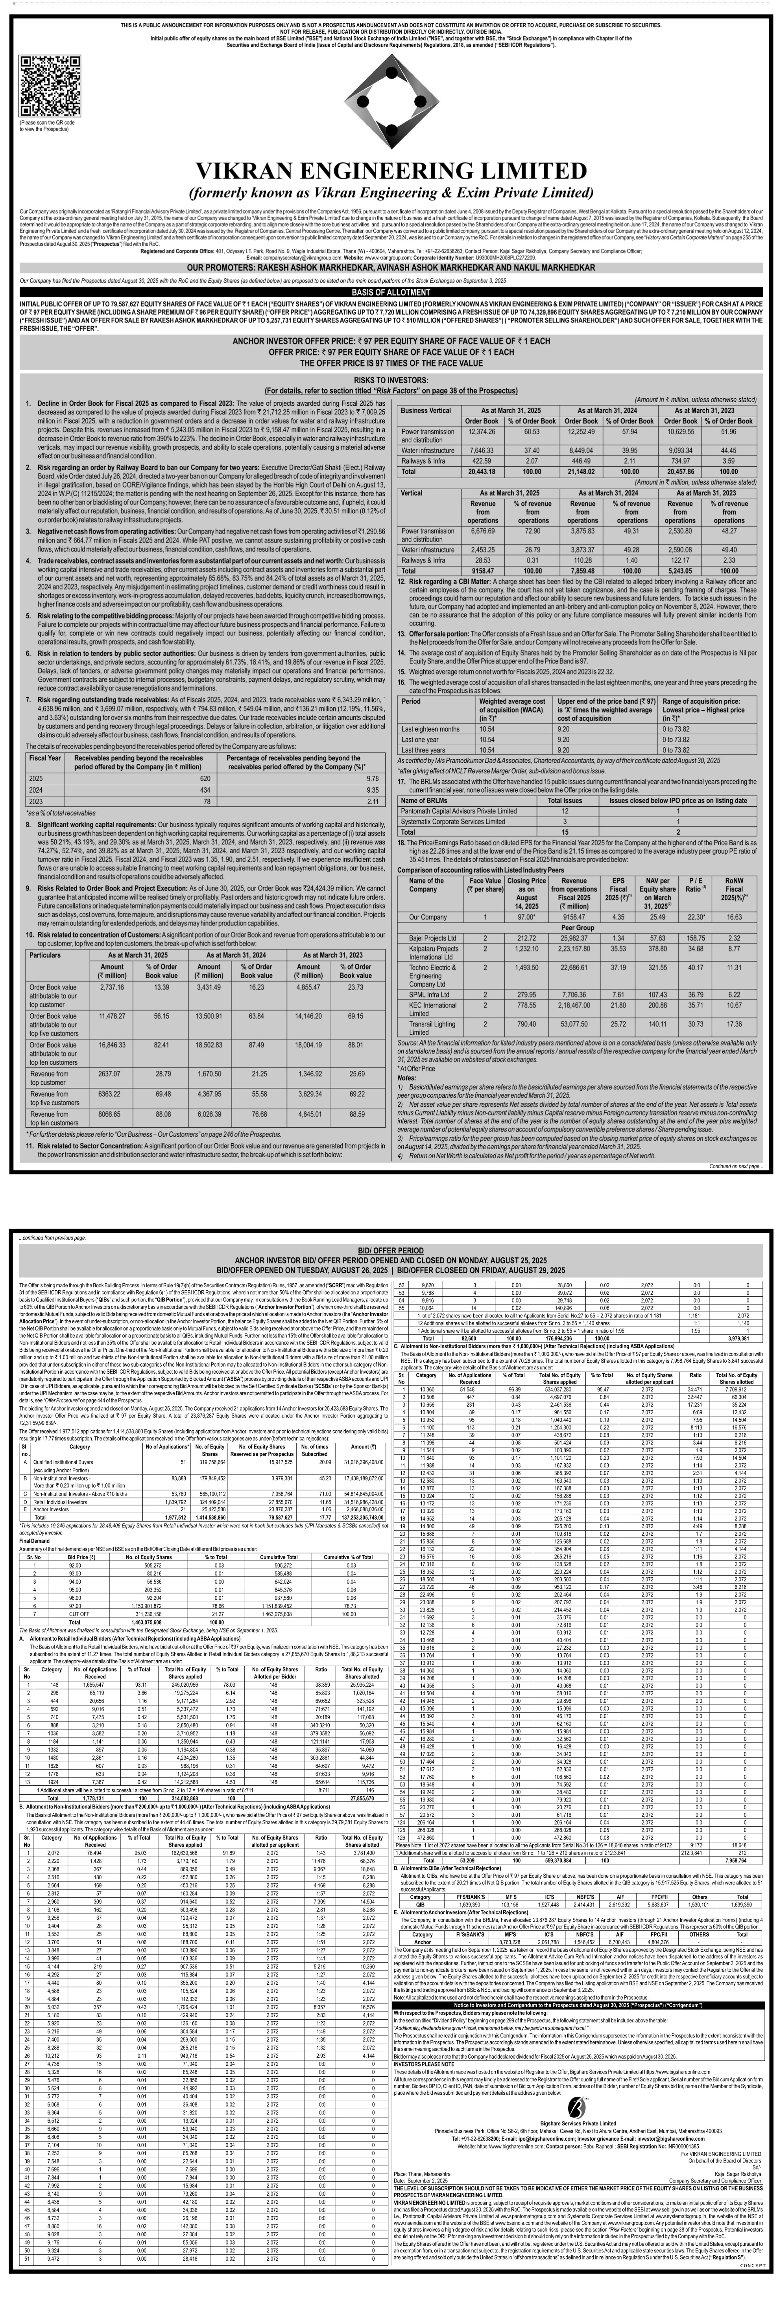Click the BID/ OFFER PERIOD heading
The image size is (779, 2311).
(389, 1250)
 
